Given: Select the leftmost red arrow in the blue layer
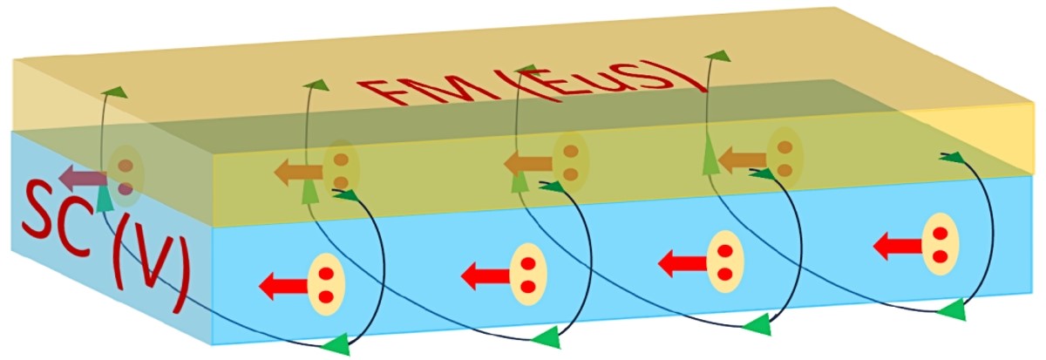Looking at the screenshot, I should click(x=282, y=284).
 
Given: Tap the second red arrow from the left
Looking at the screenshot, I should click(x=483, y=277).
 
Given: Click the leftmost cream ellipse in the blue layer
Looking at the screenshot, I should click(x=326, y=283).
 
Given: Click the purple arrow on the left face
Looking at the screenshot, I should click(x=83, y=180).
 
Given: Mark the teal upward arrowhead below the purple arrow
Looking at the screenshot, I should click(x=105, y=200).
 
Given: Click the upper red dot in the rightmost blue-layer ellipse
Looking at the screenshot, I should click(x=940, y=234).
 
